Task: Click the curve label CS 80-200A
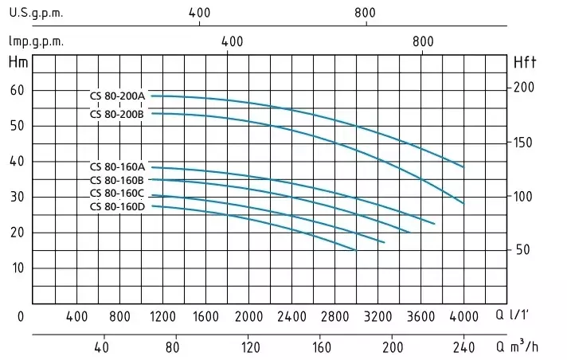coord(117,96)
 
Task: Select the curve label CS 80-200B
coord(117,114)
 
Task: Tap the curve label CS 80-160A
coord(117,167)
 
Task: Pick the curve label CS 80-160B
coord(117,180)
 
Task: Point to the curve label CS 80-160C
coord(117,194)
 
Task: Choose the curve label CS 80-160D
coord(117,207)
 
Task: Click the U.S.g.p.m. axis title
coord(36,14)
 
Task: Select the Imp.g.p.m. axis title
coord(36,41)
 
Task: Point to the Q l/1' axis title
coord(513,317)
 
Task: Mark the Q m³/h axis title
coord(516,347)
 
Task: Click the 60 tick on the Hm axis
coord(16,90)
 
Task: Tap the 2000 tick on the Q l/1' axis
coord(249,317)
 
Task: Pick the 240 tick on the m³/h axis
coord(463,347)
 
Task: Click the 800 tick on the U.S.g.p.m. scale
coord(365,14)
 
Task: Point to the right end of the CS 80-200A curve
coord(463,167)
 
